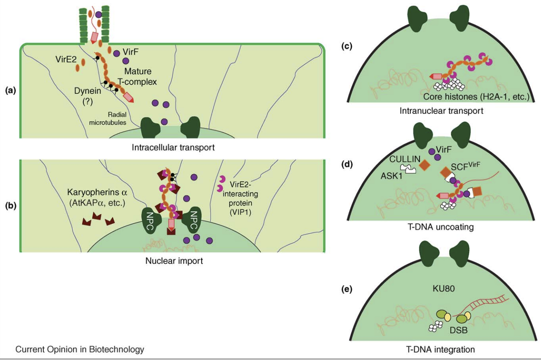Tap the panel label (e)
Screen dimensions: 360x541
click(x=346, y=289)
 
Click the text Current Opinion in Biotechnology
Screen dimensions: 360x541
click(x=80, y=349)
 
